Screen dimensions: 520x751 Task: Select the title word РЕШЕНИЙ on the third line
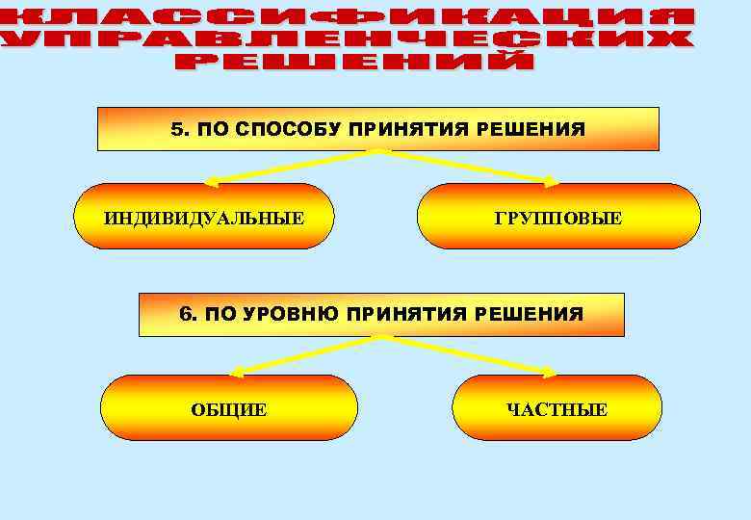[x=354, y=62]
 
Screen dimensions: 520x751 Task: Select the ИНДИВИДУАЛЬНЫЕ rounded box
[x=204, y=217]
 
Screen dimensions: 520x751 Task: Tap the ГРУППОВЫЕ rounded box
[x=558, y=219]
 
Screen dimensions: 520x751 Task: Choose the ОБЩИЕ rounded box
[x=229, y=409]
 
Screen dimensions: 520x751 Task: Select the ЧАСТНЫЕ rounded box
[x=557, y=409]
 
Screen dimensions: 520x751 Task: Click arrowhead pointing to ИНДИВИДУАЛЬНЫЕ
[x=212, y=180]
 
